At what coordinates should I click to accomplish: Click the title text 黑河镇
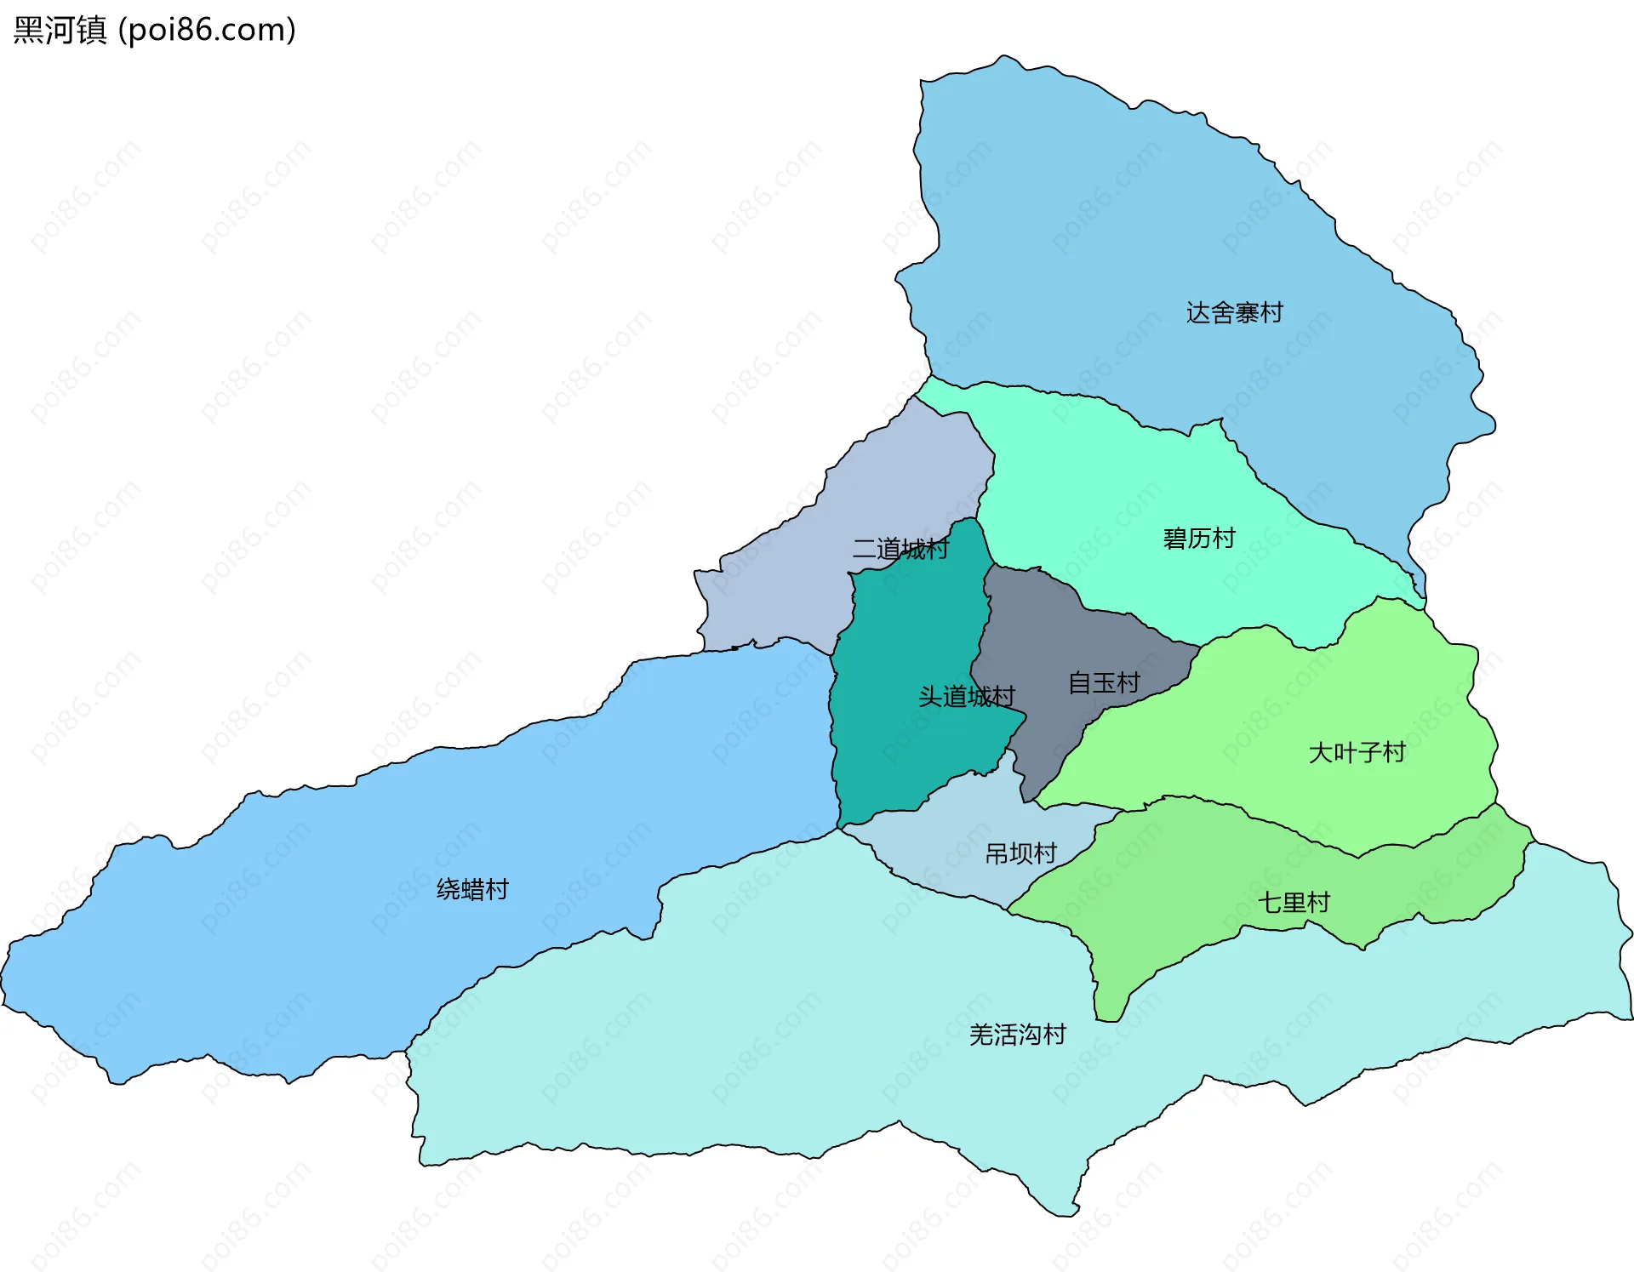(60, 30)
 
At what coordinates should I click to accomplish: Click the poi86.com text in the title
(207, 30)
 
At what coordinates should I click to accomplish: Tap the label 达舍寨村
(1234, 313)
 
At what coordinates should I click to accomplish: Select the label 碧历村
(1198, 539)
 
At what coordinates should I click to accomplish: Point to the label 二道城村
(900, 549)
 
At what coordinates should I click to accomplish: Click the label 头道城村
(966, 697)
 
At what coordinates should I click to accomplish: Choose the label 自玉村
(1103, 682)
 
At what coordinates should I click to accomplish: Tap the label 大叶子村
(1357, 752)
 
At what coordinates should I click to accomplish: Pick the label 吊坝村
(1020, 853)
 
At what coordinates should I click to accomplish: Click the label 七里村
(1294, 902)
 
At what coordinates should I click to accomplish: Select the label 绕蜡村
(472, 889)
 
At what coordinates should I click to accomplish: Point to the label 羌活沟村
(1017, 1035)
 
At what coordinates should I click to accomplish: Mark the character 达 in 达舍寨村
(1198, 313)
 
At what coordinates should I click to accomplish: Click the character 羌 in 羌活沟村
(981, 1035)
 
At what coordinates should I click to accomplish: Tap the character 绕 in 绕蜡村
(448, 889)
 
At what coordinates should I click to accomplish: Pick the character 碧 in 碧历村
(1174, 539)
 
